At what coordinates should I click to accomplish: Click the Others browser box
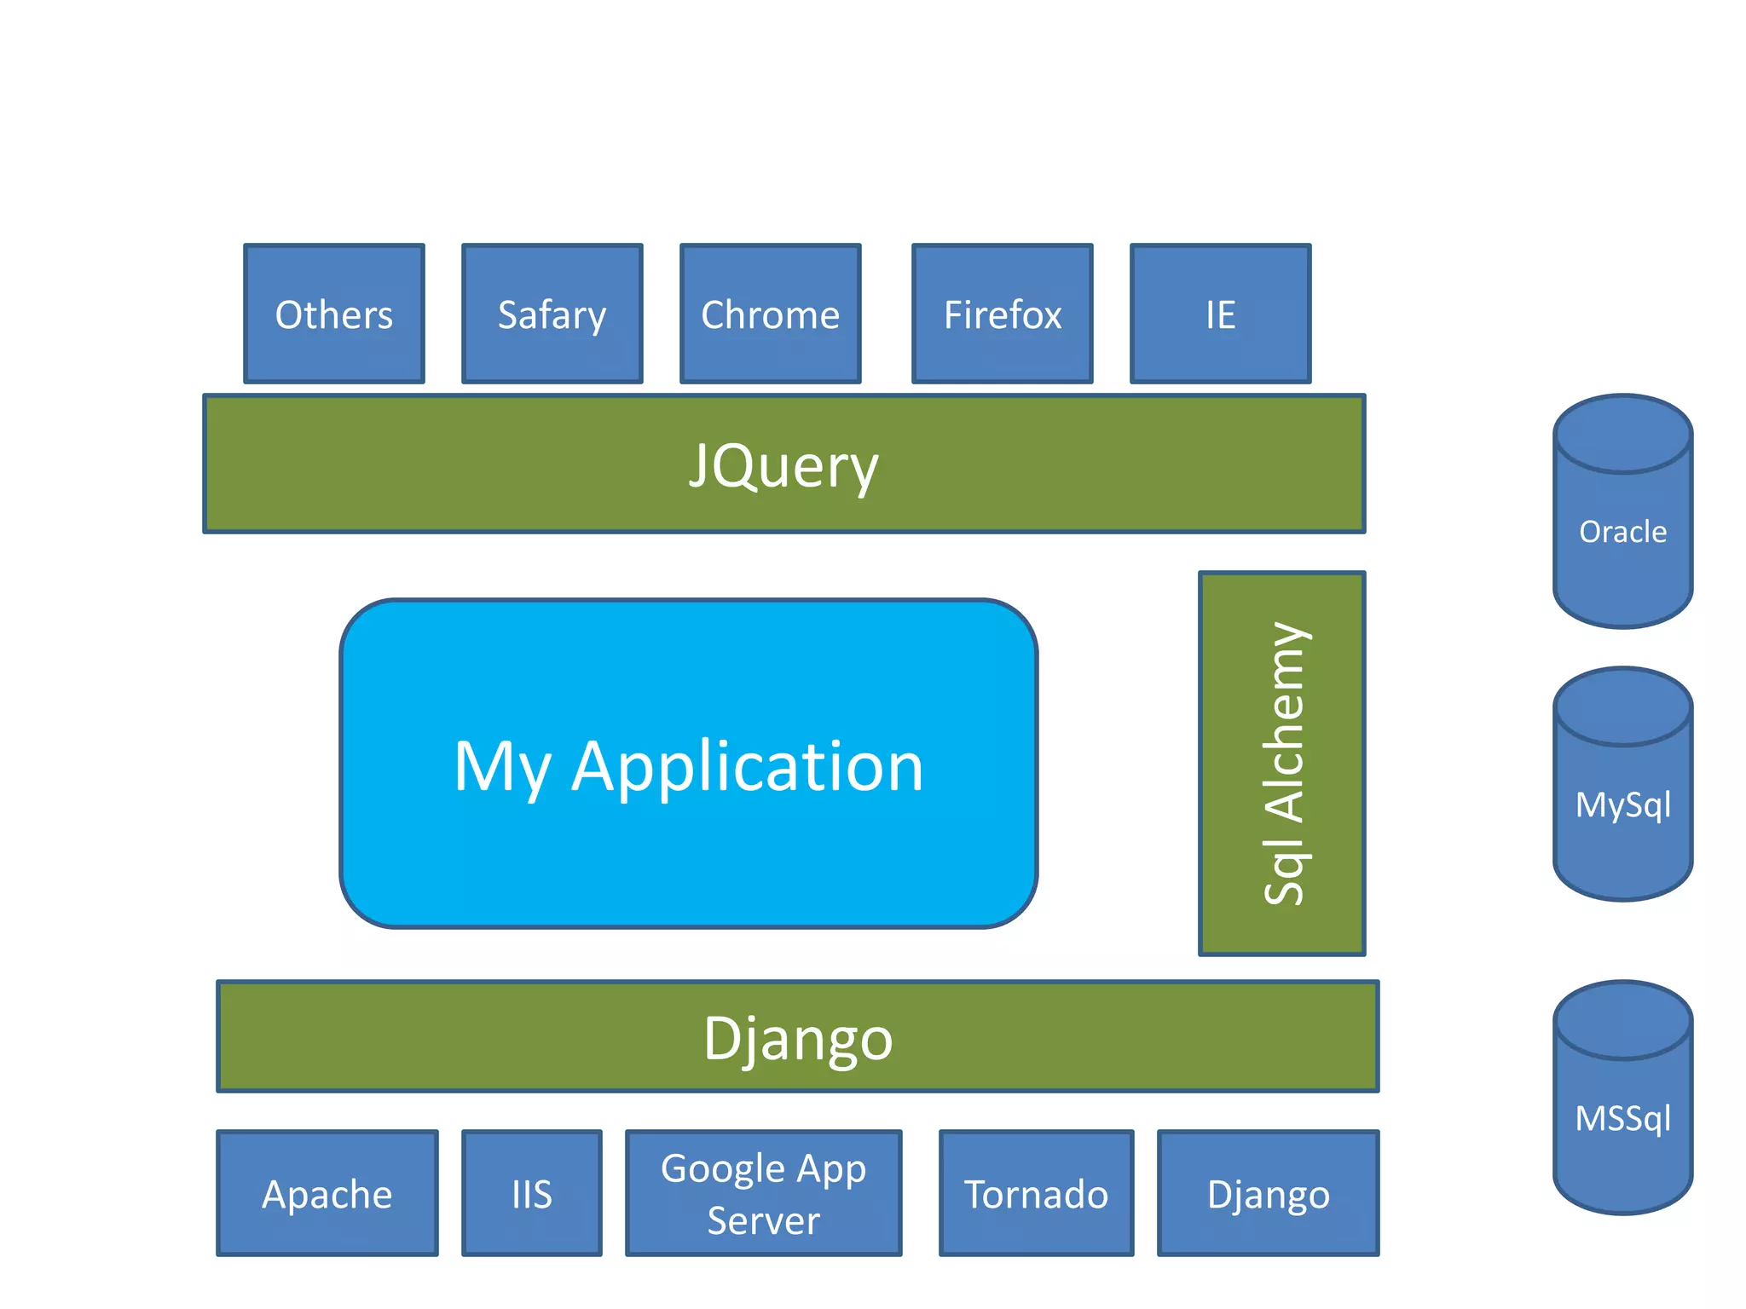coord(334,314)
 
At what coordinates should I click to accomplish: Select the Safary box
coord(552,314)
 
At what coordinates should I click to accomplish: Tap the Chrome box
coord(770,314)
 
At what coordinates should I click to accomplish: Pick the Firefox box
coord(1002,314)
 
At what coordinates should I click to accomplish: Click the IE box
coord(1220,314)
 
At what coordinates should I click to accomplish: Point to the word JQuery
coord(783,465)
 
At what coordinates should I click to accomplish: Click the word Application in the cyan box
coord(747,766)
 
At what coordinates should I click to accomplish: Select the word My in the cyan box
coord(501,766)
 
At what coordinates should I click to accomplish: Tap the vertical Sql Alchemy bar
coord(1281,764)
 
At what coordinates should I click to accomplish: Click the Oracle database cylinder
coord(1622,532)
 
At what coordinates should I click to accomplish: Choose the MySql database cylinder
coord(1622,804)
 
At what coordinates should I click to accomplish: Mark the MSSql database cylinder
coord(1622,1118)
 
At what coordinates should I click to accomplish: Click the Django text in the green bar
coord(798,1038)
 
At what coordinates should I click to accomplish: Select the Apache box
coord(327,1194)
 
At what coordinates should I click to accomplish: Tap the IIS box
coord(532,1194)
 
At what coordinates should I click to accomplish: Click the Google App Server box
coord(763,1193)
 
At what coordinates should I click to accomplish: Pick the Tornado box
coord(1036,1194)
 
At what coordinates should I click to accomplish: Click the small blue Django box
coord(1268,1194)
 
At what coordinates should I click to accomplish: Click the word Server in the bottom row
coord(763,1220)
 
